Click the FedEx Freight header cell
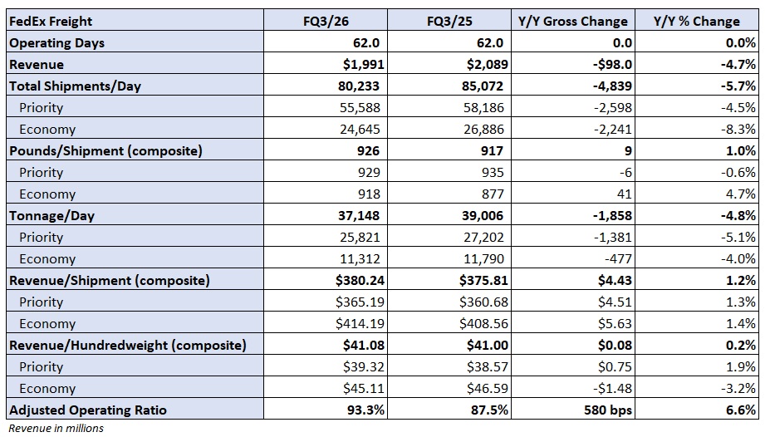(51, 21)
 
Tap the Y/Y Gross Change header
(573, 21)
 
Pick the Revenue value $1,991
(362, 64)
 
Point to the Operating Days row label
(56, 42)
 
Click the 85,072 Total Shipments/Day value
(482, 86)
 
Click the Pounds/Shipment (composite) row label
(105, 150)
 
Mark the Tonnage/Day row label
(51, 215)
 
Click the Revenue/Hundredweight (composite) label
(127, 345)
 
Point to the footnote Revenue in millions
(56, 428)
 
